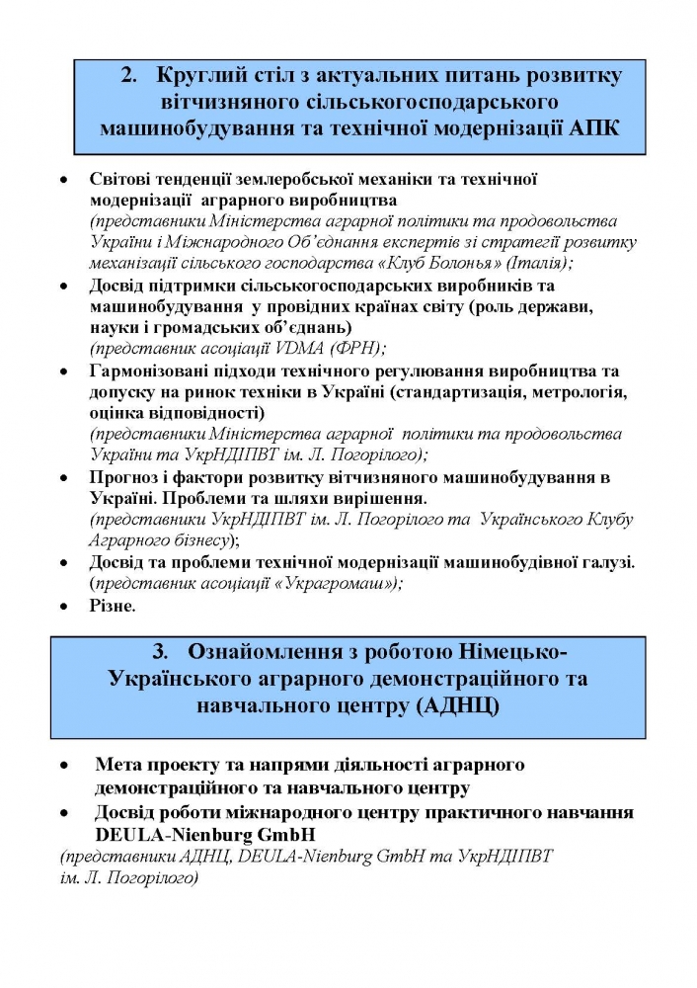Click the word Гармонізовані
click(x=152, y=370)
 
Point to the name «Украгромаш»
click(x=342, y=583)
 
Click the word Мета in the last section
click(x=117, y=765)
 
